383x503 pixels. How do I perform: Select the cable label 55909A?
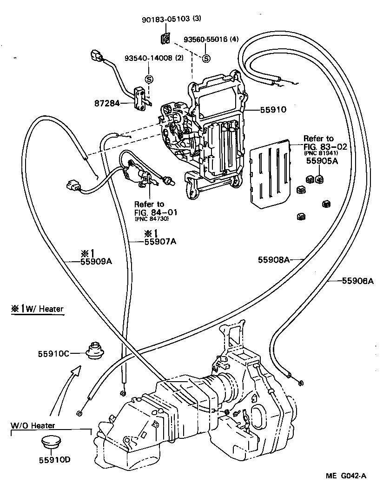pos(97,261)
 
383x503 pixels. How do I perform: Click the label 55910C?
pos(53,354)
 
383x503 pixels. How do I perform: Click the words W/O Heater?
pos(33,425)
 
